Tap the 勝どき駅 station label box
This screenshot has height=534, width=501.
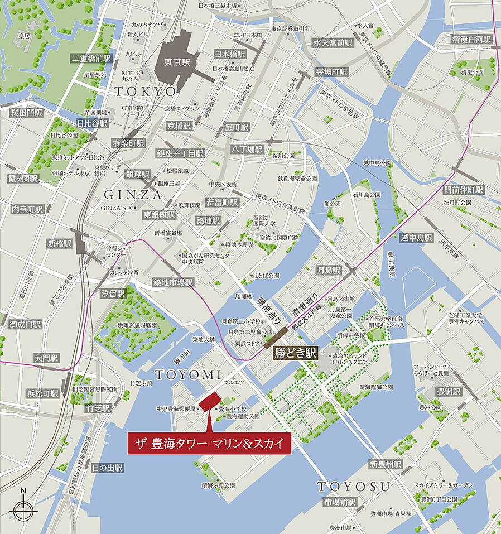295,353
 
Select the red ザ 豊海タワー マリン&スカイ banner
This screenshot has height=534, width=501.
209,444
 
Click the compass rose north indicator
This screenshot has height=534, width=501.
23,509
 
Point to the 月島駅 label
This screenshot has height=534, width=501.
329,271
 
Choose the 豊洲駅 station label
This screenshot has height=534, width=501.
449,391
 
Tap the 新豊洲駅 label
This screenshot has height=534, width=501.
386,464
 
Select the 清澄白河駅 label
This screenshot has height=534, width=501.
472,39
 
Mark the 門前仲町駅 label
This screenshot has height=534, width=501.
464,190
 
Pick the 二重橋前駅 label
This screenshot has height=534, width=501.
92,58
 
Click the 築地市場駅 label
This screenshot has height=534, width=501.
174,282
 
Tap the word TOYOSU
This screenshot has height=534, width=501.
354,486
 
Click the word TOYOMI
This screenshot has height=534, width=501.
189,374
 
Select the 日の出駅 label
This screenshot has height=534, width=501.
108,468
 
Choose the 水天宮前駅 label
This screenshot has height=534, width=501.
333,42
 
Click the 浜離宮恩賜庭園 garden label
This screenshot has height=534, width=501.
137,325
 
